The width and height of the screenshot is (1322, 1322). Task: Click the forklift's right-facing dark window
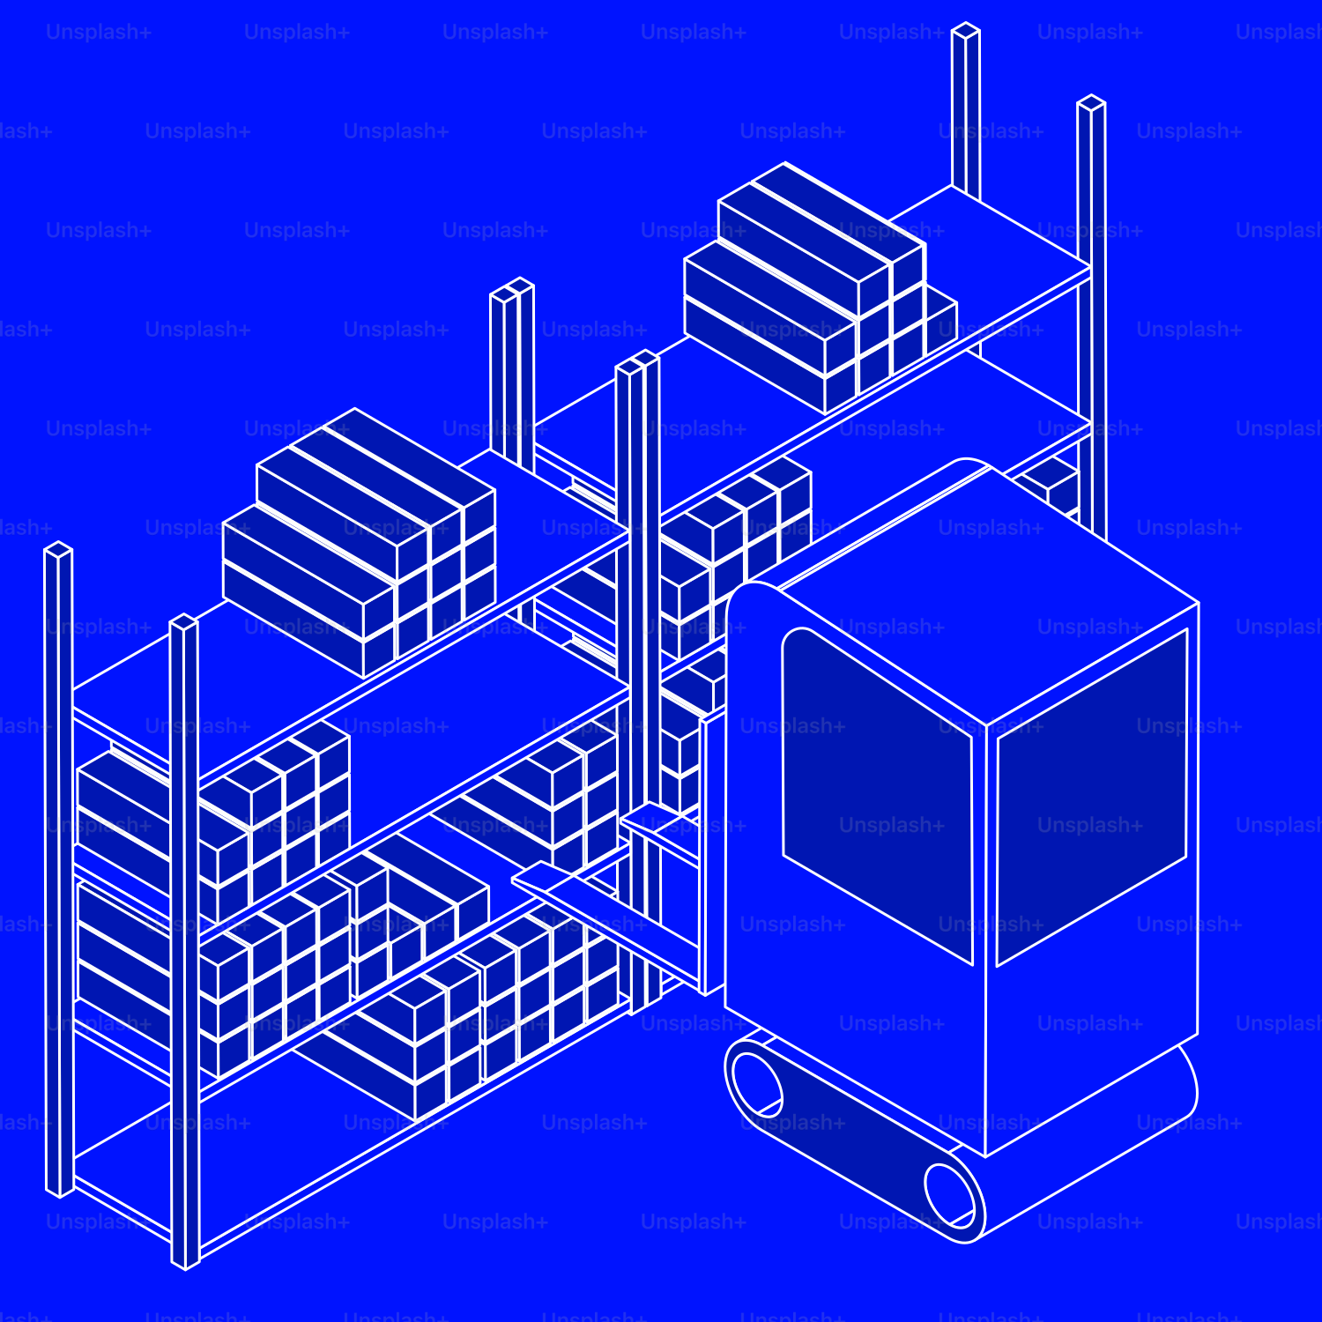pos(1091,798)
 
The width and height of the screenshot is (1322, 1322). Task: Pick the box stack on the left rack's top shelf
pos(357,538)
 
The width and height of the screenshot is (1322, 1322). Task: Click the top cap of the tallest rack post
pos(966,30)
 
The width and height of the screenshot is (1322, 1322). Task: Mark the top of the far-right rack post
pos(1091,103)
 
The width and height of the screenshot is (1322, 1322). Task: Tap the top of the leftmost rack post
pos(58,550)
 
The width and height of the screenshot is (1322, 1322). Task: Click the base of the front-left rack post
pos(184,1260)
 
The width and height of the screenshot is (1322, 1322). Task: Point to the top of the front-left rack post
pos(183,622)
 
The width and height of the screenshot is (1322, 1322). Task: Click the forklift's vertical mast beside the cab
pos(713,855)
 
